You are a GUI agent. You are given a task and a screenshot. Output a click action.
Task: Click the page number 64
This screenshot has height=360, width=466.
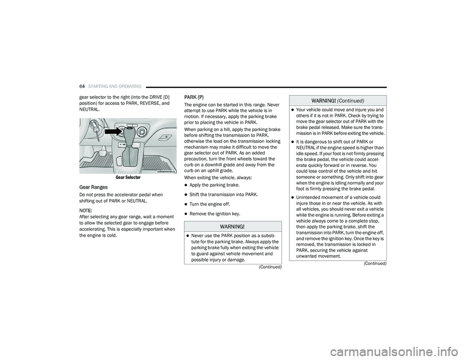pyautogui.click(x=82, y=87)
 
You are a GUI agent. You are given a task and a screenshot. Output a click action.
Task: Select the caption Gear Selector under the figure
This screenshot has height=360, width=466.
pyautogui.click(x=128, y=178)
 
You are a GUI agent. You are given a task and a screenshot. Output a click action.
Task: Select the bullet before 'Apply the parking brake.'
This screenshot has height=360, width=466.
pyautogui.click(x=186, y=185)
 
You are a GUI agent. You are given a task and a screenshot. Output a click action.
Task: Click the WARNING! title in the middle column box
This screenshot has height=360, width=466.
pyautogui.click(x=233, y=227)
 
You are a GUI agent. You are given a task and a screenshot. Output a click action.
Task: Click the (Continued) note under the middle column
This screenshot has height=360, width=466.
pyautogui.click(x=269, y=267)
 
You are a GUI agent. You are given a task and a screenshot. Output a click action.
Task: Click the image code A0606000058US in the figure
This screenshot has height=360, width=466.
pyautogui.click(x=166, y=171)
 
